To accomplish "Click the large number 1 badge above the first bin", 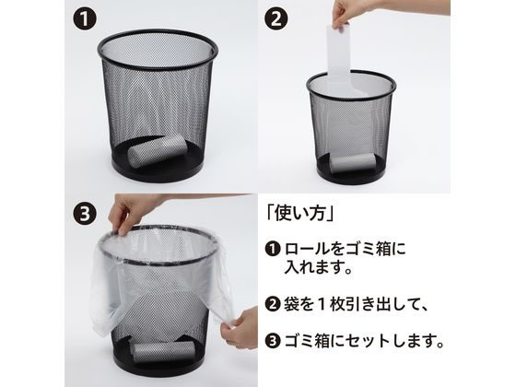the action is (85, 18).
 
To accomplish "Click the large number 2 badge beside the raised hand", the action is (276, 18).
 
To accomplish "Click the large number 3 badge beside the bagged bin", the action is (85, 213).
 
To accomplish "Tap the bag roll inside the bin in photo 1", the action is (158, 150).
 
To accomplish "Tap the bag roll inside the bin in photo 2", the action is (351, 163).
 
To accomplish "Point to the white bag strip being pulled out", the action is (340, 59).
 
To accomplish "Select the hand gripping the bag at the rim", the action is (138, 211).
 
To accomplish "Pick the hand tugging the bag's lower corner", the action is (240, 327).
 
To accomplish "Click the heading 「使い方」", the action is (300, 214).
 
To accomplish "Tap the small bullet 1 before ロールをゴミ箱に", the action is (273, 249).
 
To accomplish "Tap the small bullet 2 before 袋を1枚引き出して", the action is (273, 304).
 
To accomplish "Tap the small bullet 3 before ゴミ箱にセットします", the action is (273, 341).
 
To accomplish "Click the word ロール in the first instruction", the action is (307, 249).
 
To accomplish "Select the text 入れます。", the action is (319, 266).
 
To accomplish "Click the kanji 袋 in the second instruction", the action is (291, 304).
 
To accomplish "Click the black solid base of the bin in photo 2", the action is (351, 175).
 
